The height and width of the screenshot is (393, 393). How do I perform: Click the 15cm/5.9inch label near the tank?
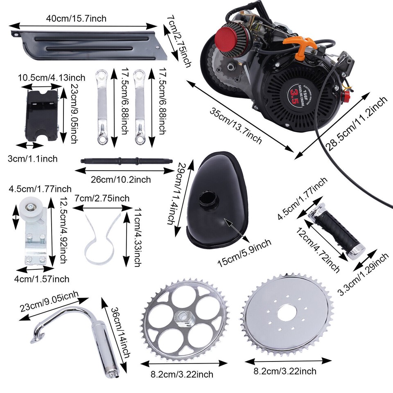(x=244, y=254)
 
